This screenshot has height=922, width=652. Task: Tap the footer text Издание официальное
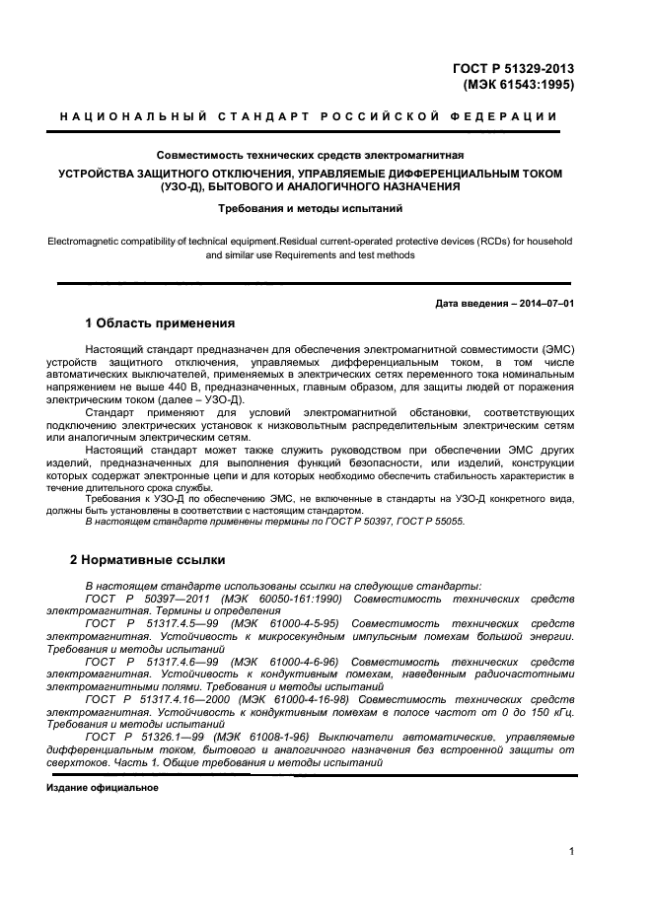coord(103,788)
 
